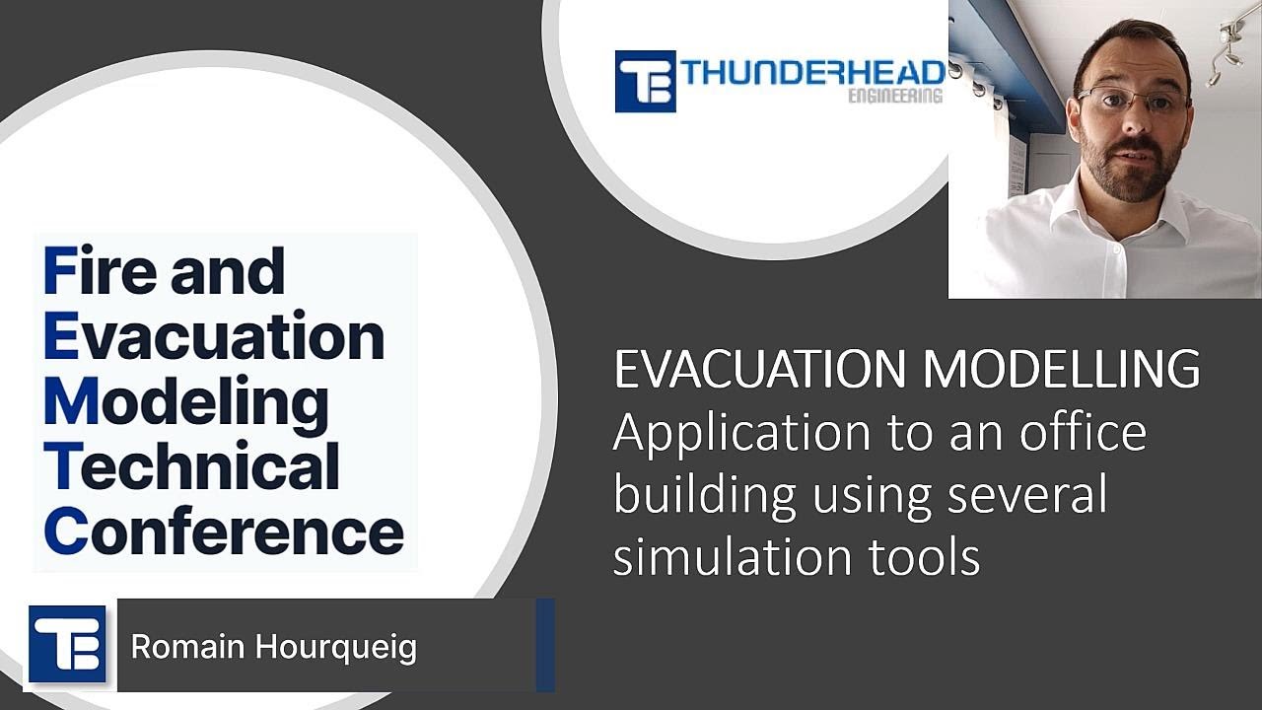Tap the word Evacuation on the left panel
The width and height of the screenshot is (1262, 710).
pos(214,336)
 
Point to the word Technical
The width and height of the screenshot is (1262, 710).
pos(192,467)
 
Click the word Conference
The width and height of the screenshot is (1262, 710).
pos(224,532)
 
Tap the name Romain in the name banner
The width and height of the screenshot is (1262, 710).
pos(187,647)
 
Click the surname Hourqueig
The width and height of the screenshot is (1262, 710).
pos(335,648)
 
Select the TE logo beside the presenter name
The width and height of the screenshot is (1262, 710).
pos(67,644)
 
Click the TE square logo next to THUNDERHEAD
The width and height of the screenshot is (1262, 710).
pos(645,81)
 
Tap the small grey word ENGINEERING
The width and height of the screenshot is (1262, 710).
pos(895,97)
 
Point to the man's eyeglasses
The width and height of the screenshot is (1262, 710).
pos(1131,100)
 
